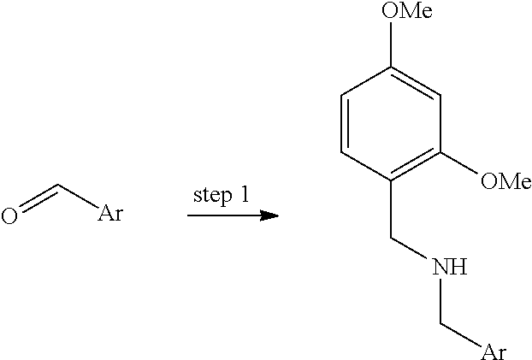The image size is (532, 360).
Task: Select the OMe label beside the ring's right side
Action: tap(506, 180)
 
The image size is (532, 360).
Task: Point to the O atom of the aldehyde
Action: tap(9, 215)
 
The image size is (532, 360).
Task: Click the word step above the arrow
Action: tap(213, 196)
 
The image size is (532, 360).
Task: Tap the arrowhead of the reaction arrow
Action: tap(270, 214)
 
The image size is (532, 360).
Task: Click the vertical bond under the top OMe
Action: tap(393, 45)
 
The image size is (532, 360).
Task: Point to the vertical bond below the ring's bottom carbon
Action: tap(392, 212)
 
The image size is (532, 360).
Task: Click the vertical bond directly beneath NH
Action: tap(440, 302)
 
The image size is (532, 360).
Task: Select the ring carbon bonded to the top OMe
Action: tap(393, 66)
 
